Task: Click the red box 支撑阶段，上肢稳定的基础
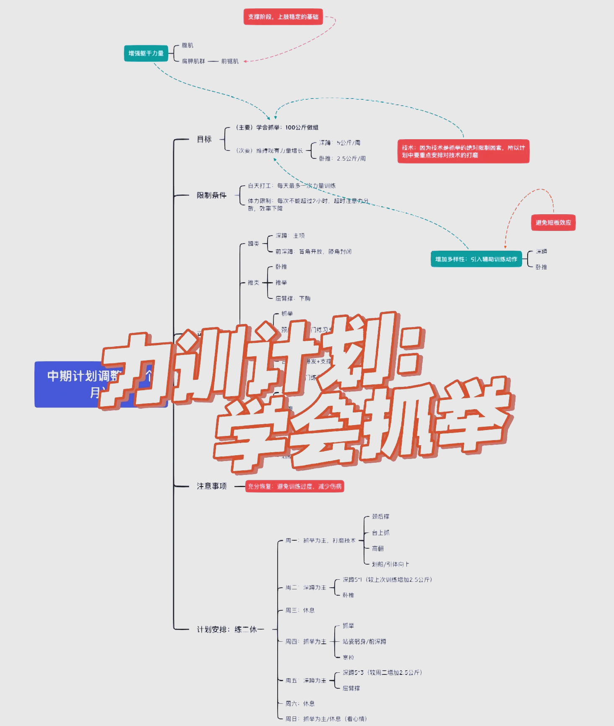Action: (x=283, y=17)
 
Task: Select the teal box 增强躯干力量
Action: (x=146, y=53)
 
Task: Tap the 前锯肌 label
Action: (x=230, y=61)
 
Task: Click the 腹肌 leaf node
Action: (x=187, y=45)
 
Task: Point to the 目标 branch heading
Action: (x=204, y=139)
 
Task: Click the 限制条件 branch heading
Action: (x=211, y=195)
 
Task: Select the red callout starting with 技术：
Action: (x=463, y=151)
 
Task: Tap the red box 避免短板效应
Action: (x=553, y=223)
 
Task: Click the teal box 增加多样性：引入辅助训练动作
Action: (x=476, y=259)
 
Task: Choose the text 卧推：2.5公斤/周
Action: (x=342, y=158)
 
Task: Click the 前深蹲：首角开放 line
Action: (x=313, y=252)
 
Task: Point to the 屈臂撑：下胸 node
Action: (x=293, y=298)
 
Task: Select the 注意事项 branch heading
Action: (x=211, y=486)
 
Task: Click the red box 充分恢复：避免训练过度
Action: (x=294, y=486)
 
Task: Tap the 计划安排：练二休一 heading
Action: (x=230, y=629)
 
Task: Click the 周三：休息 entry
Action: (x=300, y=610)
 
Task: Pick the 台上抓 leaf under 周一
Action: (x=380, y=533)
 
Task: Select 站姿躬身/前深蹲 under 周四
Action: (x=364, y=641)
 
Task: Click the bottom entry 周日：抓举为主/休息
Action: (x=326, y=719)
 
